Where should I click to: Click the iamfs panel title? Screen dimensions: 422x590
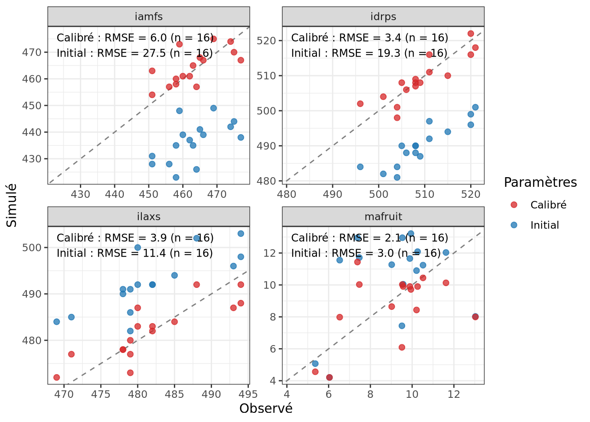pos(149,17)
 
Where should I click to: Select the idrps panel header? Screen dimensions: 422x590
pos(383,17)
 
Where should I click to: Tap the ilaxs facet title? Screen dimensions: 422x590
pos(149,217)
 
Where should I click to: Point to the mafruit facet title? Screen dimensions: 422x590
pos(383,217)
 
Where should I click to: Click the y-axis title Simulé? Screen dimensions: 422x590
pos(12,205)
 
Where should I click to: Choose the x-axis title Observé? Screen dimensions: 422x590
pos(266,408)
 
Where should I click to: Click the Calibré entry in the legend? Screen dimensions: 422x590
pos(548,205)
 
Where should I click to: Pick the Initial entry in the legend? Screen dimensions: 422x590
pos(544,225)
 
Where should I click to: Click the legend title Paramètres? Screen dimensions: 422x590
pos(540,182)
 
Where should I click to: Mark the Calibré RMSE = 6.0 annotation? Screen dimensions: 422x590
pos(135,38)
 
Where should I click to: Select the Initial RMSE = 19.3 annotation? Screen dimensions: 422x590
pos(369,53)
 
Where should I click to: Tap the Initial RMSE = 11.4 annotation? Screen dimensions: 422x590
pos(135,253)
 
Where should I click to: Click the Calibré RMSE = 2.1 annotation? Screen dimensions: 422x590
pos(369,238)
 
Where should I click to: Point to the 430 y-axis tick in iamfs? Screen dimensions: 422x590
pos(32,159)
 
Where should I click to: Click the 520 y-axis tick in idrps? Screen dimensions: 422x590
pos(266,41)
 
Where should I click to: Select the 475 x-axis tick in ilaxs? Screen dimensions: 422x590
pos(101,394)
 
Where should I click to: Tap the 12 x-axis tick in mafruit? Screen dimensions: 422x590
pos(453,394)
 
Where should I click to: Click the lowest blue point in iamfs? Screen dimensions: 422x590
pos(176,178)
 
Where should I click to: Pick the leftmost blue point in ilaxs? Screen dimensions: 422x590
pos(57,322)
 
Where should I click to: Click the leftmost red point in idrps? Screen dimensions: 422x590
pos(360,104)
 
